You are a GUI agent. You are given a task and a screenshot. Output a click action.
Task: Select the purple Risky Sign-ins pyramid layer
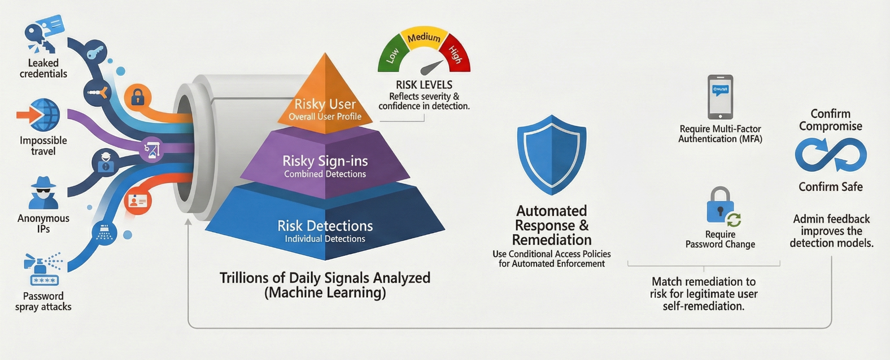[x=325, y=165]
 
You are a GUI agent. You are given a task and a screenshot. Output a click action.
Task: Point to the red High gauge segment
[x=455, y=54]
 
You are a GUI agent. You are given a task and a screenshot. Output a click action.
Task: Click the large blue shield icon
[x=552, y=154]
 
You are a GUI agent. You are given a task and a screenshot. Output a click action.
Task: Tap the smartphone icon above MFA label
[x=720, y=97]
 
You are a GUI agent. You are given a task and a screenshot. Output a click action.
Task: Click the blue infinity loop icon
[x=830, y=154]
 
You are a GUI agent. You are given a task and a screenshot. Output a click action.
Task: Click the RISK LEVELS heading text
[x=424, y=85]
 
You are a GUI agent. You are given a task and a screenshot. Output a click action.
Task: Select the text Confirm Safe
[x=830, y=187]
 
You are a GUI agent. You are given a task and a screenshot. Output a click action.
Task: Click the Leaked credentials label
[x=43, y=68]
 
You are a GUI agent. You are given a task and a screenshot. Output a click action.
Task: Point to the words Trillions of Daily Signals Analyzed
[x=325, y=278]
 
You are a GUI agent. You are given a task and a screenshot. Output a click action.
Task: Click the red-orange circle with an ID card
[x=137, y=201]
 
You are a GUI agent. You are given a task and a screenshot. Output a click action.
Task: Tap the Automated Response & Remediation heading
[x=552, y=225]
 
